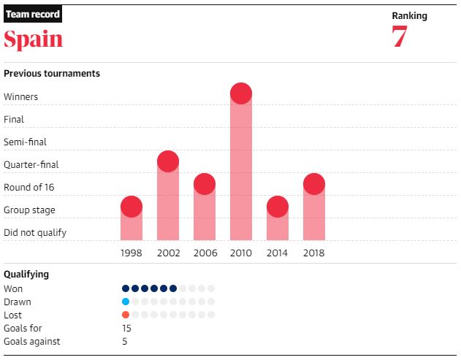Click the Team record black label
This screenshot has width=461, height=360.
coord(33,15)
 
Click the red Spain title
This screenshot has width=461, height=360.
coord(34,39)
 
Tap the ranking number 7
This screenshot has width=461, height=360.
coord(399,38)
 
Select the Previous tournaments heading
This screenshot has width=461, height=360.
coord(52,74)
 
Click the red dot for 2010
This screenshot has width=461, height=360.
coord(241,93)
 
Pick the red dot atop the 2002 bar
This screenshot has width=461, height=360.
coord(168,161)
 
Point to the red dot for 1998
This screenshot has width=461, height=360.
coord(132,207)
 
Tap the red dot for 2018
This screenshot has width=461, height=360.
coord(314,184)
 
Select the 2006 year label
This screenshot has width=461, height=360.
coord(205,253)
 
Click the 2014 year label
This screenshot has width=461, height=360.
coord(278,253)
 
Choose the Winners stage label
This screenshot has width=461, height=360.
coord(21,97)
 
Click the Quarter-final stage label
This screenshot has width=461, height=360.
coord(31,165)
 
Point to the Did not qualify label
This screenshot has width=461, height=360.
coord(35,233)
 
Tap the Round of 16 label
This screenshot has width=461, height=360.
coord(29,188)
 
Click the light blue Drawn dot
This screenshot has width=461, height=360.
coord(126,302)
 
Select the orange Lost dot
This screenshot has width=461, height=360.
coord(126,315)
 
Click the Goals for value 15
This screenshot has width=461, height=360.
coord(126,329)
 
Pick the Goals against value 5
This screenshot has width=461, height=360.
coord(124,342)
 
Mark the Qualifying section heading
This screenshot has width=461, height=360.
coord(26,275)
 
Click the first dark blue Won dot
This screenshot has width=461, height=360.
coord(126,288)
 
